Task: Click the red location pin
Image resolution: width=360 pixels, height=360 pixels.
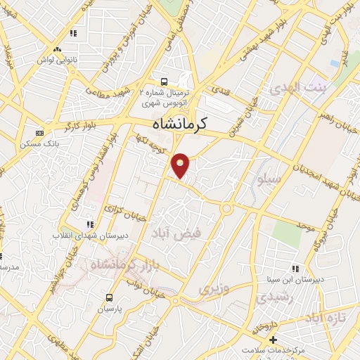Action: [x=181, y=165]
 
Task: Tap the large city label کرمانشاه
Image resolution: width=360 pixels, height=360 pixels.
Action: [x=180, y=124]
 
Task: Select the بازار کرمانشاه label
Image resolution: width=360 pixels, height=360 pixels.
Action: [x=117, y=265]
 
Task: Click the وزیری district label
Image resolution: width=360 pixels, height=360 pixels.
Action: [x=213, y=288]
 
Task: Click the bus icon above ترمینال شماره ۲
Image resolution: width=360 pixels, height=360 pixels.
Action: [x=164, y=81]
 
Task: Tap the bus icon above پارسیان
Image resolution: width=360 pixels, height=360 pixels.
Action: [x=109, y=297]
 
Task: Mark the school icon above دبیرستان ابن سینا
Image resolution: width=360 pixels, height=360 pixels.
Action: [x=296, y=268]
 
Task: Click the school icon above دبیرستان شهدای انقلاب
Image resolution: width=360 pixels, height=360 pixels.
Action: [x=89, y=224]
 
